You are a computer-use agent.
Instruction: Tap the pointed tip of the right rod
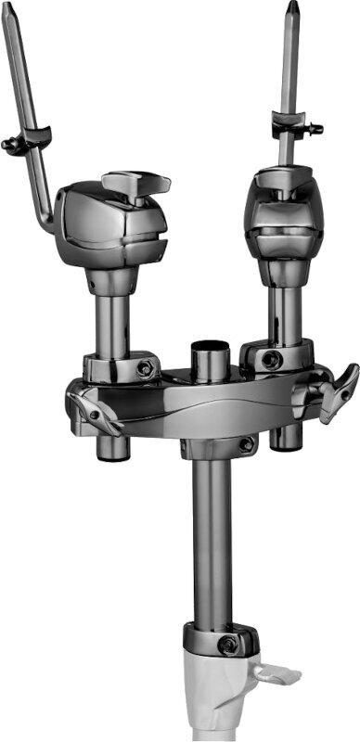pyautogui.click(x=293, y=8)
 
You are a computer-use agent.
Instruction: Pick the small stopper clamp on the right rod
pyautogui.click(x=293, y=123)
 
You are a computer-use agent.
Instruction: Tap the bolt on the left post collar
pyautogui.click(x=144, y=369)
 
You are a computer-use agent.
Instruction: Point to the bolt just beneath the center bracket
pyautogui.click(x=245, y=446)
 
